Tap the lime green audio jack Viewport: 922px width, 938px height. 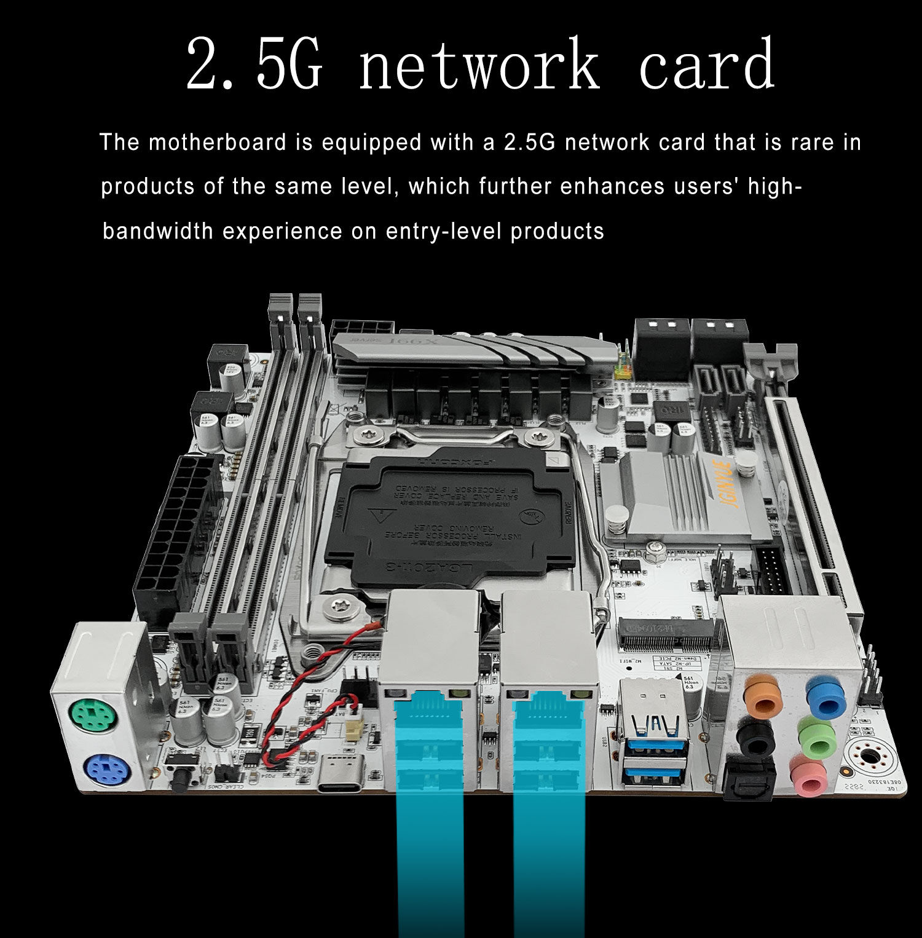point(816,736)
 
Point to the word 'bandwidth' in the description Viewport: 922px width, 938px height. point(158,232)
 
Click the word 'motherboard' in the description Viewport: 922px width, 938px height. point(217,143)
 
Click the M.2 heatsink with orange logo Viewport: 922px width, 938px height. point(682,498)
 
